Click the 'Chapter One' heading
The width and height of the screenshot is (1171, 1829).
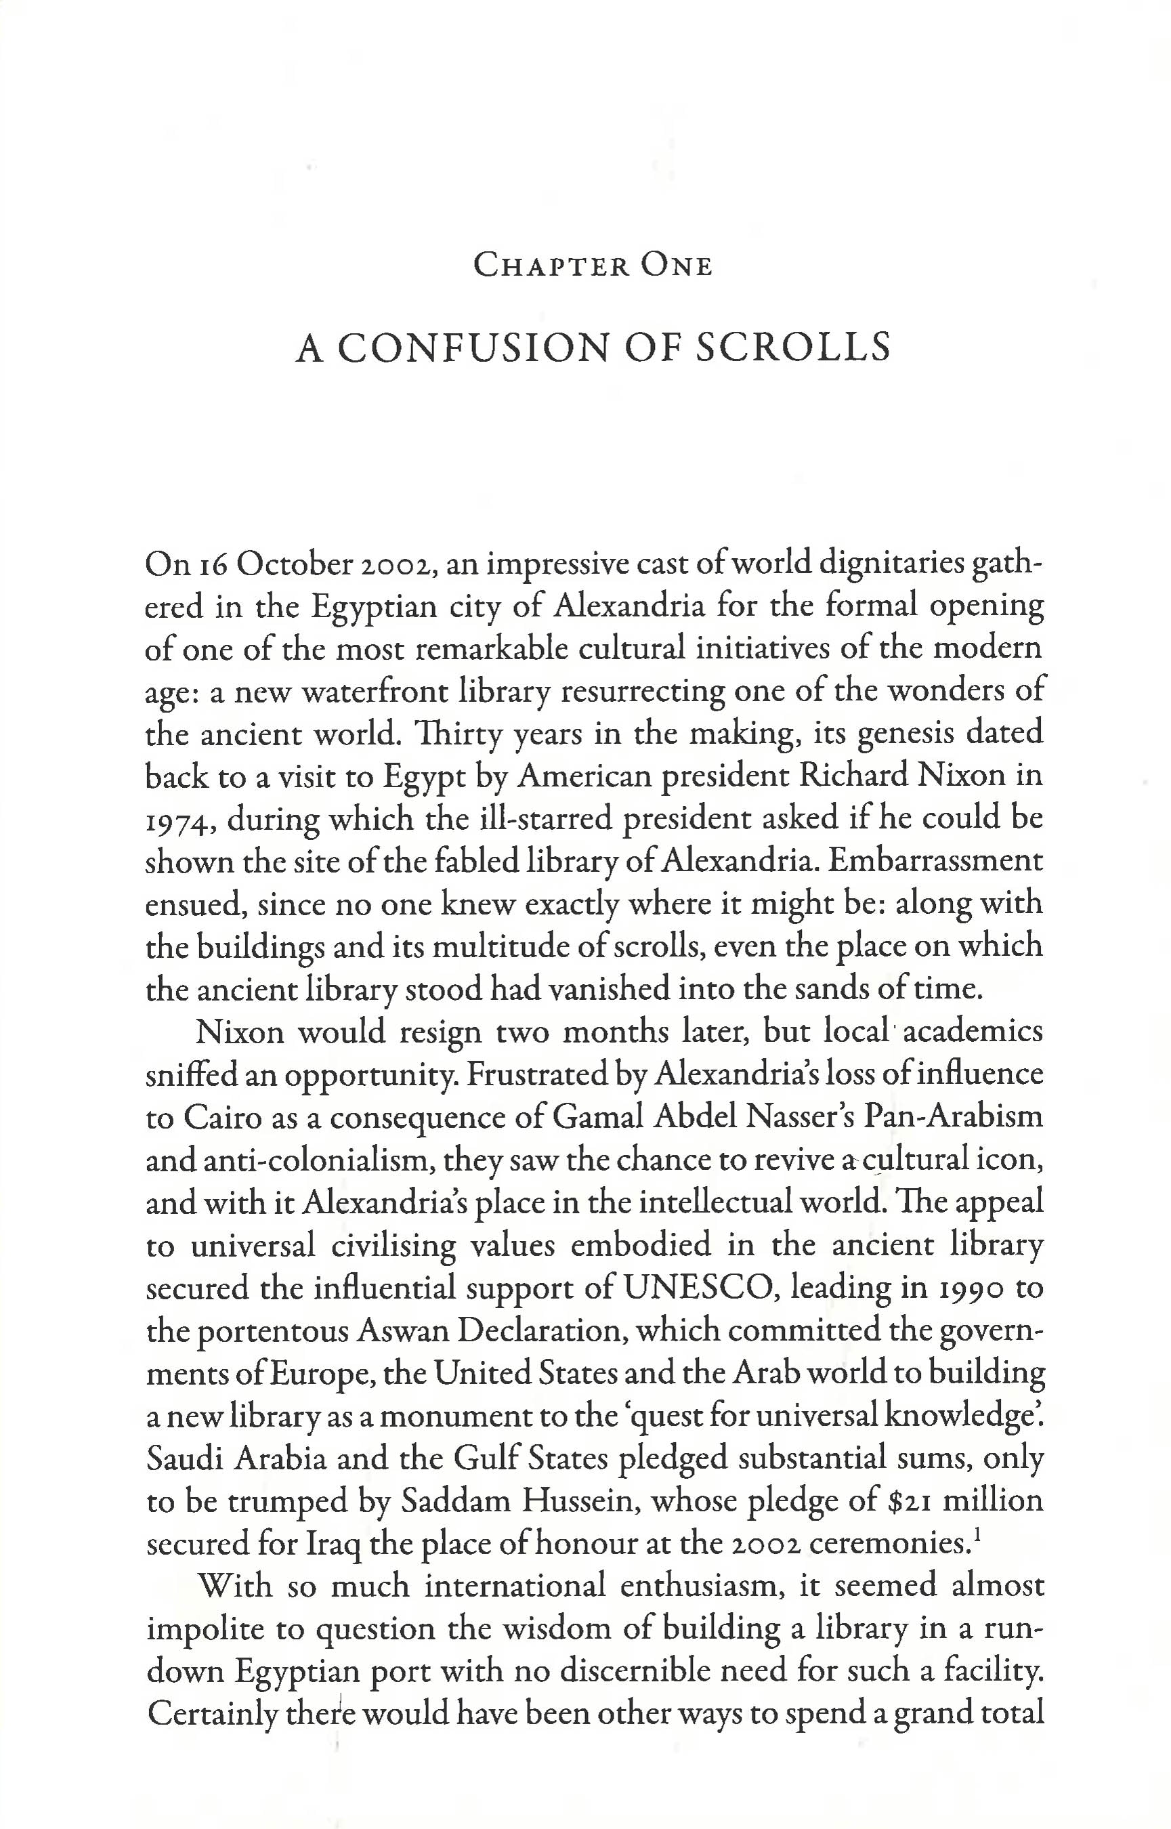point(593,266)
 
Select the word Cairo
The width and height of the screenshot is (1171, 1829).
point(218,1116)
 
